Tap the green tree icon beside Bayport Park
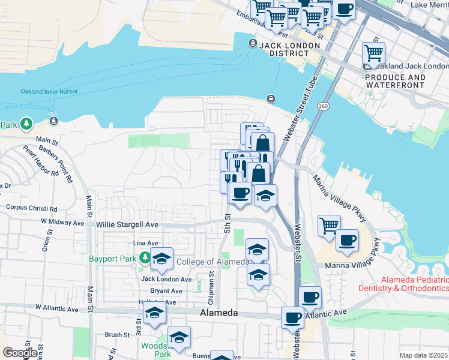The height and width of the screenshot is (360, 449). point(144,259)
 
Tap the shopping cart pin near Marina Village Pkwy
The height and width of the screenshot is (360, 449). point(329,226)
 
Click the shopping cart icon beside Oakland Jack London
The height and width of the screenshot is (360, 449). point(373,54)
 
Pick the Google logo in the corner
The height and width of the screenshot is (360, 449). point(19,353)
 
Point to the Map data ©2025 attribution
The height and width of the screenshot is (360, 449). point(423,355)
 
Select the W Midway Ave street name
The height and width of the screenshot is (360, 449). point(62,222)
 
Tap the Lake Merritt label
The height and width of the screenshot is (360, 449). point(429,5)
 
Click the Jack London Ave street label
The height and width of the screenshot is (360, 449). point(166,279)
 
